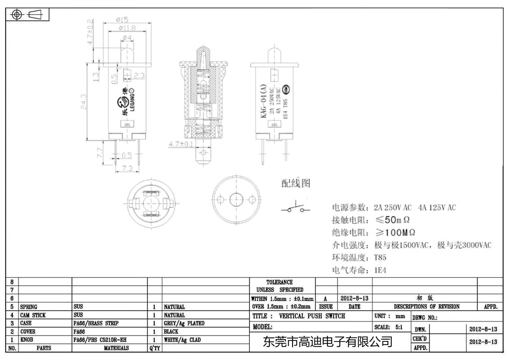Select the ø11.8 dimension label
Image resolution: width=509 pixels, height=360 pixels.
tap(127, 28)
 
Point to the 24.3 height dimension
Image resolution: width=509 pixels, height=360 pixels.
tap(84, 101)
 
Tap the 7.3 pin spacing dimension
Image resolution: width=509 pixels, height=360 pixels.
tap(127, 168)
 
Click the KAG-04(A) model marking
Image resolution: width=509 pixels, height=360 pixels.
tap(263, 101)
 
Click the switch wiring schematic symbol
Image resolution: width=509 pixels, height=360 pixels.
tap(296, 207)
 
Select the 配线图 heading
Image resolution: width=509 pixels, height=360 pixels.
tap(296, 183)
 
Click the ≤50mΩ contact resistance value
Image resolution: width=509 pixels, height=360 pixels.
tap(392, 220)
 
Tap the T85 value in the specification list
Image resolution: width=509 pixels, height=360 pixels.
tap(380, 258)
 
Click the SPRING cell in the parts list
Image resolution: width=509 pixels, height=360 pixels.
tap(29, 307)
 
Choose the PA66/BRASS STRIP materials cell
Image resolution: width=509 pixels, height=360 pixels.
tap(96, 323)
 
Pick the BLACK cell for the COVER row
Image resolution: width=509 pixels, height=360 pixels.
tap(171, 331)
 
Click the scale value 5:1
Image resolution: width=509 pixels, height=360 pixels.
tap(399, 327)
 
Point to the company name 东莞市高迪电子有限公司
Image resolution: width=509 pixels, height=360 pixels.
tap(327, 342)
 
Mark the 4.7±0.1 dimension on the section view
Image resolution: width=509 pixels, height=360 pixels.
tap(181, 144)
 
